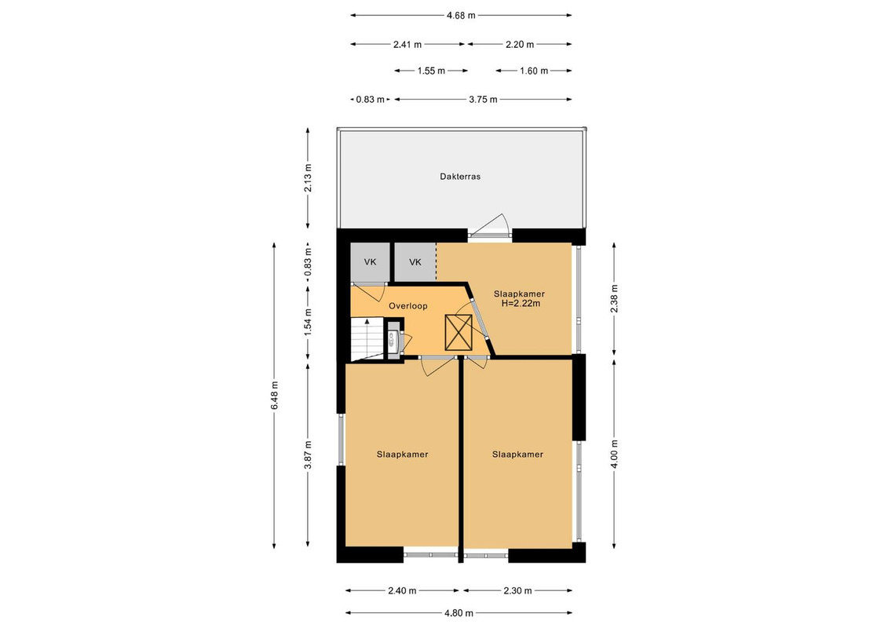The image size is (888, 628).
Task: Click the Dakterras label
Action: click(460, 177)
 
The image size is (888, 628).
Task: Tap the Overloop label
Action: click(407, 306)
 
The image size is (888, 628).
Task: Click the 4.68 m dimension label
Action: click(461, 15)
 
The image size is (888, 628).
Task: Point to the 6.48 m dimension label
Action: click(274, 396)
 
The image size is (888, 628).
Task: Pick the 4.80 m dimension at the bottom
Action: click(459, 613)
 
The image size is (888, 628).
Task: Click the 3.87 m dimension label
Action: click(308, 455)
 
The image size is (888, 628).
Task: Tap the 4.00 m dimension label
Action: click(615, 455)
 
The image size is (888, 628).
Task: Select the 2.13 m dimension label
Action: click(308, 178)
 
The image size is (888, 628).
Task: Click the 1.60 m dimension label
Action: click(534, 71)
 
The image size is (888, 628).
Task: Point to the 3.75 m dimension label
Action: click(483, 99)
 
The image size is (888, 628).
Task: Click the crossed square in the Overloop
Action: click(459, 332)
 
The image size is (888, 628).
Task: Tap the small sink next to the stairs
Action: click(392, 338)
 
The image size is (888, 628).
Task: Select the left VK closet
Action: click(370, 262)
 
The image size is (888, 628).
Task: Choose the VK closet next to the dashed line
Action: click(415, 262)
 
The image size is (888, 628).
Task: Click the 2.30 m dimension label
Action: click(517, 590)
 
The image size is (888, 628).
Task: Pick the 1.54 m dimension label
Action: click(308, 322)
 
